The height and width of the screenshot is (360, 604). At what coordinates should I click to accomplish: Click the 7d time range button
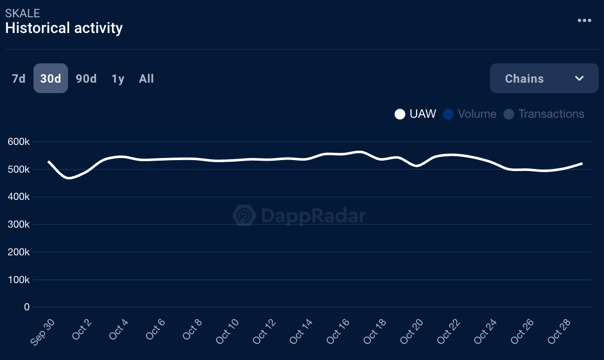(18, 78)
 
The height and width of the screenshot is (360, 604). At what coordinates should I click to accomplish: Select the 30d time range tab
(51, 78)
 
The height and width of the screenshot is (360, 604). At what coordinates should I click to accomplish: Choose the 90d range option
(86, 78)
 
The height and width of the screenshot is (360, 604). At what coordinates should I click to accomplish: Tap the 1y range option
(118, 78)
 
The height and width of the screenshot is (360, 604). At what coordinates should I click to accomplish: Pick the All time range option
(147, 78)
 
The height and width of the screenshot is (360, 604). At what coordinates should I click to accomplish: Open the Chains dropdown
(544, 78)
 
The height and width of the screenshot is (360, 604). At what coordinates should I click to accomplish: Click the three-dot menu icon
(584, 20)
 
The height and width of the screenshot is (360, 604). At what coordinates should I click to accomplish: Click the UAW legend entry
(416, 114)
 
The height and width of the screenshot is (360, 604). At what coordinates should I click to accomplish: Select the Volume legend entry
(469, 114)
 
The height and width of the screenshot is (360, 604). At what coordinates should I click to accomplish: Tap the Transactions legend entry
(544, 114)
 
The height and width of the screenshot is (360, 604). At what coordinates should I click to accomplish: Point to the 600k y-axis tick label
(19, 142)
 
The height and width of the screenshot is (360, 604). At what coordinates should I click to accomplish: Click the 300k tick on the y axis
(19, 224)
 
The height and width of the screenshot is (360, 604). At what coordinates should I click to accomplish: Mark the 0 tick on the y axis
(27, 307)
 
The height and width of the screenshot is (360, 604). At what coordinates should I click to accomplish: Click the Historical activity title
(64, 28)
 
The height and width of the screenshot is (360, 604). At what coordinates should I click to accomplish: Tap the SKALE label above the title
(23, 13)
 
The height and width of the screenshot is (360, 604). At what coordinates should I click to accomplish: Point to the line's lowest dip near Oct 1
(69, 178)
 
